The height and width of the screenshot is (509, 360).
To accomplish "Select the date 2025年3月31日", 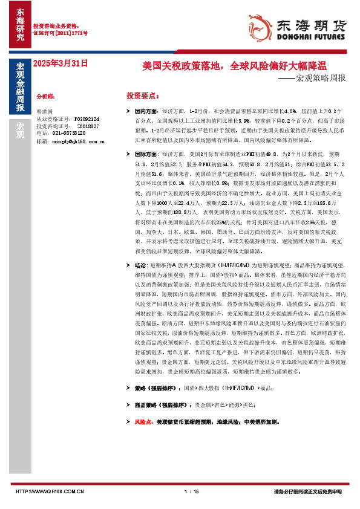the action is pos(60,63).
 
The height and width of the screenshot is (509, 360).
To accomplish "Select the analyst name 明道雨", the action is pos(45,112).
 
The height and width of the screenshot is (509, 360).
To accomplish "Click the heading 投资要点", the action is pos(143,96).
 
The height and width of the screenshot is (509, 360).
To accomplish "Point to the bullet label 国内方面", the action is pos(146,112).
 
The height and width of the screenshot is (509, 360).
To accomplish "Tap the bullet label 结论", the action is pos(140,265).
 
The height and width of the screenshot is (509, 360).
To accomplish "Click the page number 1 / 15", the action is pos(191,491).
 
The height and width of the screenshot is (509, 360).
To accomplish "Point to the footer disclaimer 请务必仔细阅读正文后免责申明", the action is pos(307,491).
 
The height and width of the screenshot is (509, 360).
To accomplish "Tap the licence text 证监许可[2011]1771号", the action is pos(60,33).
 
